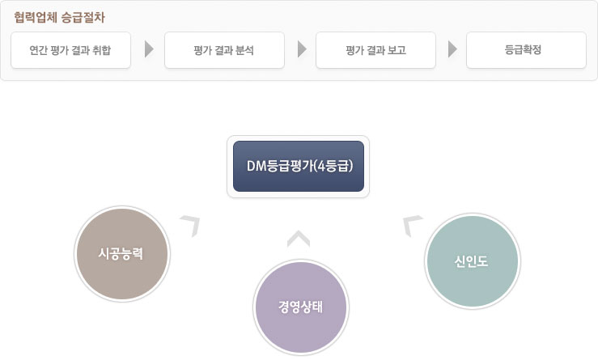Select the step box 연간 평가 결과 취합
[x=70, y=50]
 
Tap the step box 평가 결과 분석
[x=224, y=50]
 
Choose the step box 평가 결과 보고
[x=375, y=50]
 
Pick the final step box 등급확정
[x=526, y=50]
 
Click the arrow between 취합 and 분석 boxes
[x=149, y=50]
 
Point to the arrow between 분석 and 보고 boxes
[x=301, y=50]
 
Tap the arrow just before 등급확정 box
[x=452, y=50]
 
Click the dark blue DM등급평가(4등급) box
[x=298, y=166]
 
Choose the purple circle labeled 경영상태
[x=300, y=307]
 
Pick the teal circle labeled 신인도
[x=473, y=260]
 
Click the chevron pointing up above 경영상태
[x=299, y=238]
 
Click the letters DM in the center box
[x=257, y=166]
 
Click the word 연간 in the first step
[x=37, y=50]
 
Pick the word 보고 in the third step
[x=397, y=50]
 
